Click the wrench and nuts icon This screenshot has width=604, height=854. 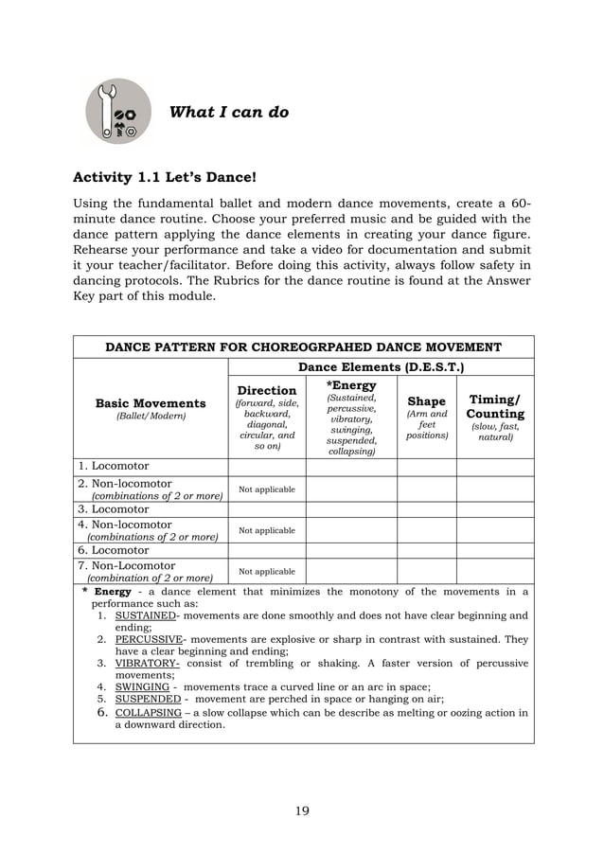point(118,112)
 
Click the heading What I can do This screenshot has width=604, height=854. point(228,113)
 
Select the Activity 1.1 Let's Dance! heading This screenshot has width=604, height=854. point(165,177)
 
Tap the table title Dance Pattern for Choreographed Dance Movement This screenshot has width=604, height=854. point(303,347)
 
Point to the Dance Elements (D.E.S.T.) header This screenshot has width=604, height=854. point(381,366)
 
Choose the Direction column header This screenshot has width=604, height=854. point(266,390)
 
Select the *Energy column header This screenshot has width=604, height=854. point(351,385)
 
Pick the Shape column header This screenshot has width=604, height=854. point(426,401)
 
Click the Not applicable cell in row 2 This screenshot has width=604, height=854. point(266,489)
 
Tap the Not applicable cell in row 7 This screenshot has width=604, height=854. point(266,572)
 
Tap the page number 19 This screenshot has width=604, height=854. point(302,810)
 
